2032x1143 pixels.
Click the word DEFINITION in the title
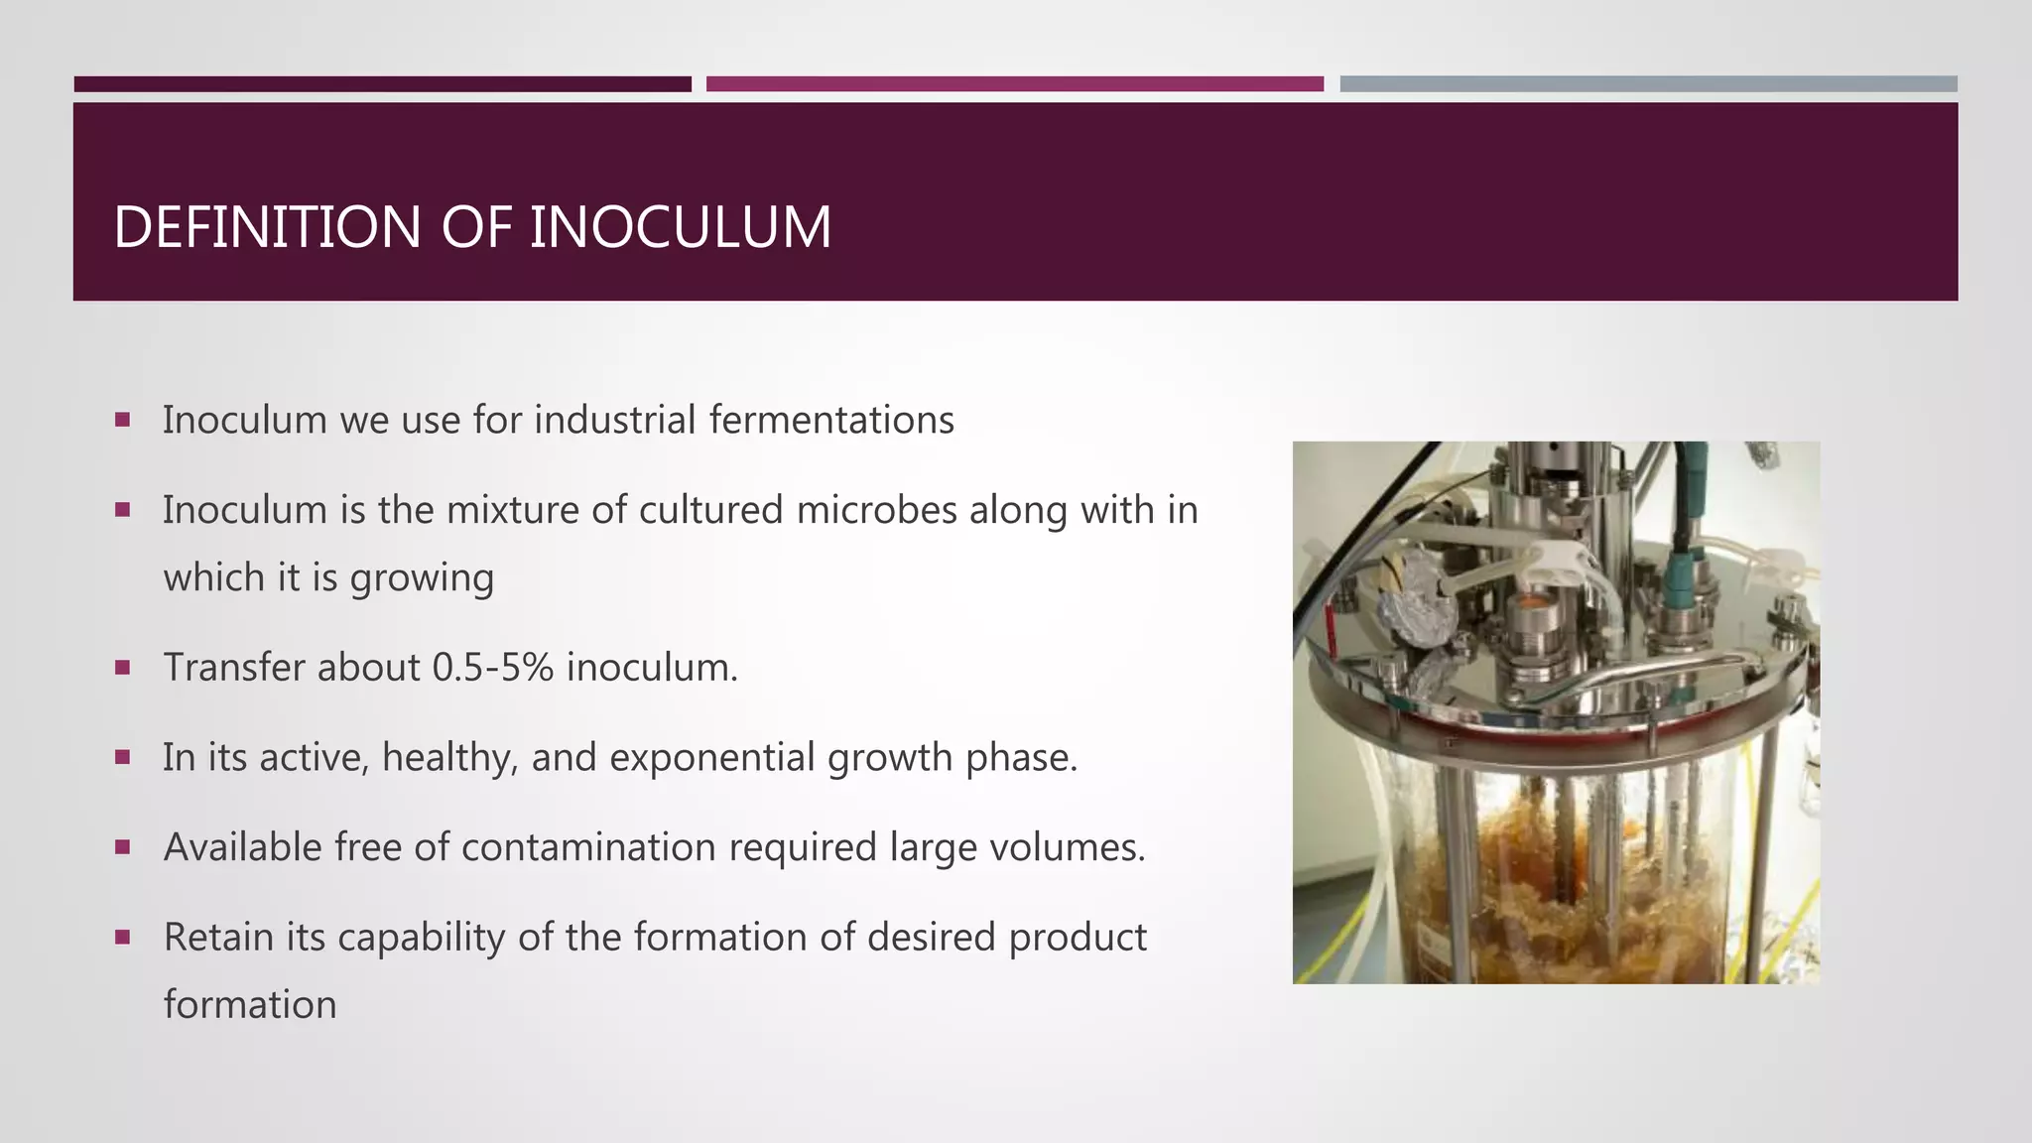(x=268, y=227)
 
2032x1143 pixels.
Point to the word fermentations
(x=831, y=420)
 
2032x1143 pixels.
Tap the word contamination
(x=589, y=848)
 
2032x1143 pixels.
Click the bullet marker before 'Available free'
(x=123, y=847)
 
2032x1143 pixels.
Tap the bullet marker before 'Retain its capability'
(x=123, y=937)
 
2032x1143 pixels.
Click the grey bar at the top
(x=1648, y=84)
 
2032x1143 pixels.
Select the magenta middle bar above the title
(x=1014, y=84)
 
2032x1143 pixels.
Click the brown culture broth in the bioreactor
(x=1508, y=893)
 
